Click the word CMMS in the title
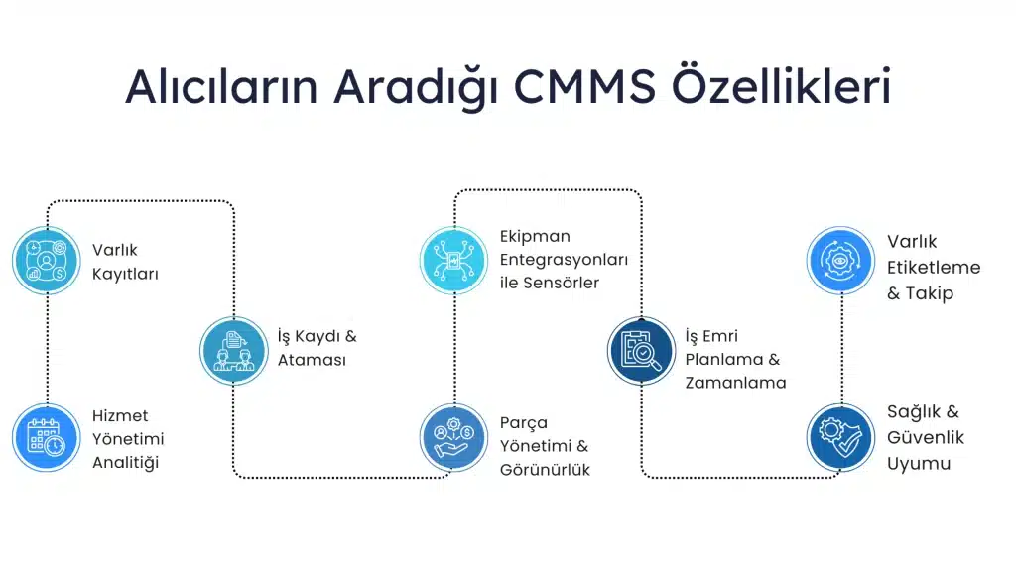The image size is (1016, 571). [x=584, y=86]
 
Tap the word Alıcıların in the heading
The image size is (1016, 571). [x=221, y=85]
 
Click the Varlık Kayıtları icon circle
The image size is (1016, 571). [x=47, y=261]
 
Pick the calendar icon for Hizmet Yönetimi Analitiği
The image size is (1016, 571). [x=47, y=437]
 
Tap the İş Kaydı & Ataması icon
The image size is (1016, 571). [x=234, y=351]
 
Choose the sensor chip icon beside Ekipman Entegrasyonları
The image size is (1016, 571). [x=453, y=261]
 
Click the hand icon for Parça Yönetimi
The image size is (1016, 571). [x=453, y=437]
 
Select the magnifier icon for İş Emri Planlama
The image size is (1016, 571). [x=642, y=351]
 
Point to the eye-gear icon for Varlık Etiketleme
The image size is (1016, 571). [x=841, y=261]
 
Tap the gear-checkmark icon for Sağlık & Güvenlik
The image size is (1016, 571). [x=841, y=437]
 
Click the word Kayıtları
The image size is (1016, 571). [x=125, y=274]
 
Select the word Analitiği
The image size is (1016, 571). [x=126, y=463]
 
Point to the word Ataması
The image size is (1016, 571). [x=312, y=360]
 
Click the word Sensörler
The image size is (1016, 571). [x=562, y=283]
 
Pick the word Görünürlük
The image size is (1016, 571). [x=545, y=469]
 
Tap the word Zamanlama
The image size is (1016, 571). [x=735, y=383]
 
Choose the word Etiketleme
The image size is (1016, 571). [x=934, y=268]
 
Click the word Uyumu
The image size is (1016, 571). [x=919, y=464]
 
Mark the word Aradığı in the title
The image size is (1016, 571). [x=416, y=87]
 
